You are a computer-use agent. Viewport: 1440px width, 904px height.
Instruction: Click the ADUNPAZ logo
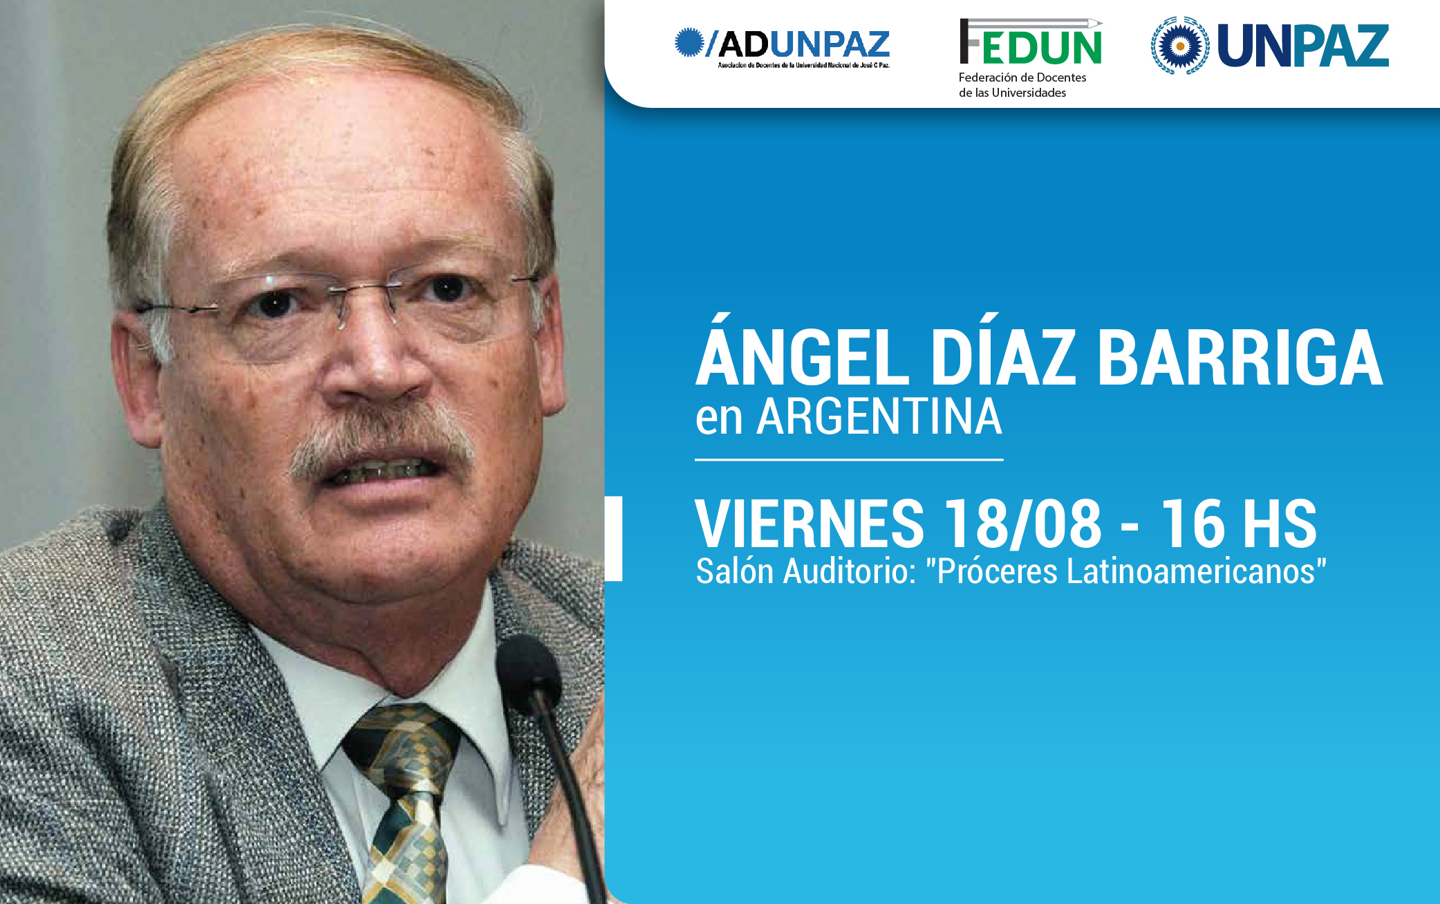tap(783, 47)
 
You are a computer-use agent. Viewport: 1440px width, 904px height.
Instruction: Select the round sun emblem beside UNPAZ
tap(1180, 46)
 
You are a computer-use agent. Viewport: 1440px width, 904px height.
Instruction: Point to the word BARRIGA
tap(1240, 357)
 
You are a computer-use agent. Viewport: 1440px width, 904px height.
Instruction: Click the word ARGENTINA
tap(879, 417)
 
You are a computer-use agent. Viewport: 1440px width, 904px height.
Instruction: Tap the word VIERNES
tap(810, 524)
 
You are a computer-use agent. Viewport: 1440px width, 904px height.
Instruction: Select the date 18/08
tap(1022, 524)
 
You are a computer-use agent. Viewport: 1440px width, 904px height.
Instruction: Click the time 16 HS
tap(1238, 524)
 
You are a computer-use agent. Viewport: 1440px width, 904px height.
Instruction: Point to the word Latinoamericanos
tap(1190, 571)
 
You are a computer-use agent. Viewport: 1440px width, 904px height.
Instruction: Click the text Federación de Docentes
tap(1022, 77)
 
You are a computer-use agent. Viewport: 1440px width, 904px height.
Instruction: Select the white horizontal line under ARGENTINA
tap(849, 459)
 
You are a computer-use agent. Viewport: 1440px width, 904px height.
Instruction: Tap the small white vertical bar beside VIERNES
tap(614, 538)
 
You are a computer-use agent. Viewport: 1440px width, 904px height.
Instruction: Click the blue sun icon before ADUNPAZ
tap(689, 42)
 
